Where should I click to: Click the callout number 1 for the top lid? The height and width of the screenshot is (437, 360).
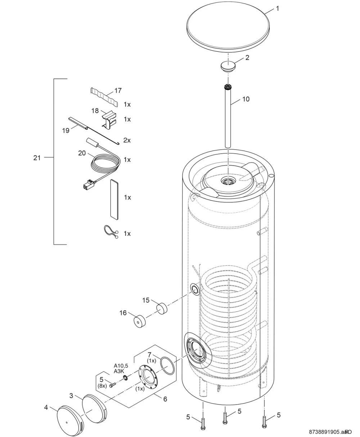278,9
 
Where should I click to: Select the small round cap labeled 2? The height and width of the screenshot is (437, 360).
228,66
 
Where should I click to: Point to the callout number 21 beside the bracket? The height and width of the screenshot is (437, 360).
37,158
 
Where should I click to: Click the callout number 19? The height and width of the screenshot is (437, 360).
66,131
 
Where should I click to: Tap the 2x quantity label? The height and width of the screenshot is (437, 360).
127,140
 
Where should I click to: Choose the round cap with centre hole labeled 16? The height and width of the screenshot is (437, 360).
140,322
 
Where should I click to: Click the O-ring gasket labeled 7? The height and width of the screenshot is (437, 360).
167,365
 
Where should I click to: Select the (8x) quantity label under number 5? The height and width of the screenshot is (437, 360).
102,386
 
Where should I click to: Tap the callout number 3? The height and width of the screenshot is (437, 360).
71,396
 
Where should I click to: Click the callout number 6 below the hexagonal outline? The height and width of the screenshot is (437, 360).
165,399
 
